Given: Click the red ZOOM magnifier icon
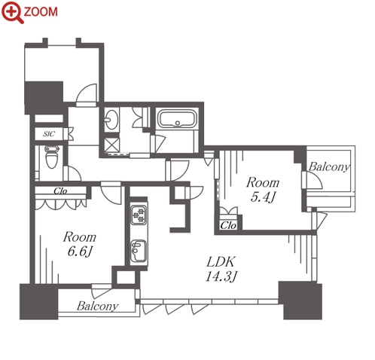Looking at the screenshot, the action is tap(13, 12).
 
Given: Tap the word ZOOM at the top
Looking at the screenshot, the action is tap(41, 12).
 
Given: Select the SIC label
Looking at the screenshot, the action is tap(49, 134).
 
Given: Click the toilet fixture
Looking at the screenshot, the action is tap(52, 157).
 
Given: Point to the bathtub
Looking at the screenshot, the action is tap(177, 119).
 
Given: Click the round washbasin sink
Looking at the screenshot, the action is tap(111, 119).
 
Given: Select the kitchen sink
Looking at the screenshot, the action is tap(139, 251).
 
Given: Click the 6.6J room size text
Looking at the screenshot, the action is tap(80, 251).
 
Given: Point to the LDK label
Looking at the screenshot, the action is tap(221, 262).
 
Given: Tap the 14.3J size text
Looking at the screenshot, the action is tap(221, 276).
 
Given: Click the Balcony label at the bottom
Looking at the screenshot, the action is tap(98, 306).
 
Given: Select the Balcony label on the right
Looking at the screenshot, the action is tap(329, 166).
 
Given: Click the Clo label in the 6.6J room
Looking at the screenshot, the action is tap(60, 191).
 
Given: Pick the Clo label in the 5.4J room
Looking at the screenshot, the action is tap(228, 225).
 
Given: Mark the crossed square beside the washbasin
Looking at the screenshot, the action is tap(111, 145).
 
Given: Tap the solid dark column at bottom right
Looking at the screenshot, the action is tap(300, 301).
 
